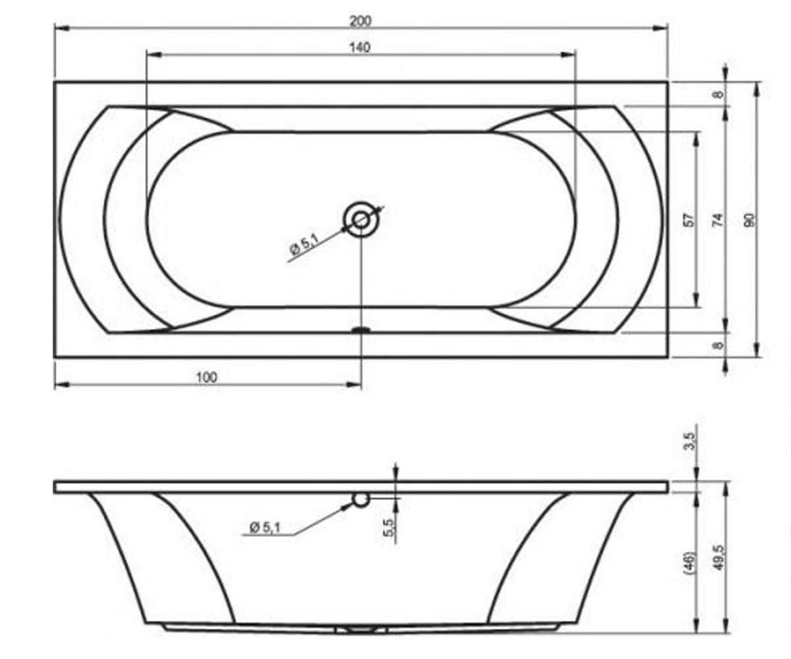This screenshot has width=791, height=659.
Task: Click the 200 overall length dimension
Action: click(361, 21)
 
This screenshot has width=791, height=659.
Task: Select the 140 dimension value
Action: click(360, 47)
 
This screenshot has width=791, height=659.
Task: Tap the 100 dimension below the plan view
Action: click(207, 378)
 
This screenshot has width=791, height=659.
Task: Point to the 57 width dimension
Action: click(690, 220)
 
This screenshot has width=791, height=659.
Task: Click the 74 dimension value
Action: click(718, 220)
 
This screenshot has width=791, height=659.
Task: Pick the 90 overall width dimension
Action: click(749, 220)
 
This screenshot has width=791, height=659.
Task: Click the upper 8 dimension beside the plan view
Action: click(718, 94)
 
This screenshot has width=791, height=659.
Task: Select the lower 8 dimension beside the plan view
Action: click(718, 345)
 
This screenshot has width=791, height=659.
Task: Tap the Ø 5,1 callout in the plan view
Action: click(304, 244)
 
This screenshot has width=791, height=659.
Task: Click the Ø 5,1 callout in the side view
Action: click(265, 528)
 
